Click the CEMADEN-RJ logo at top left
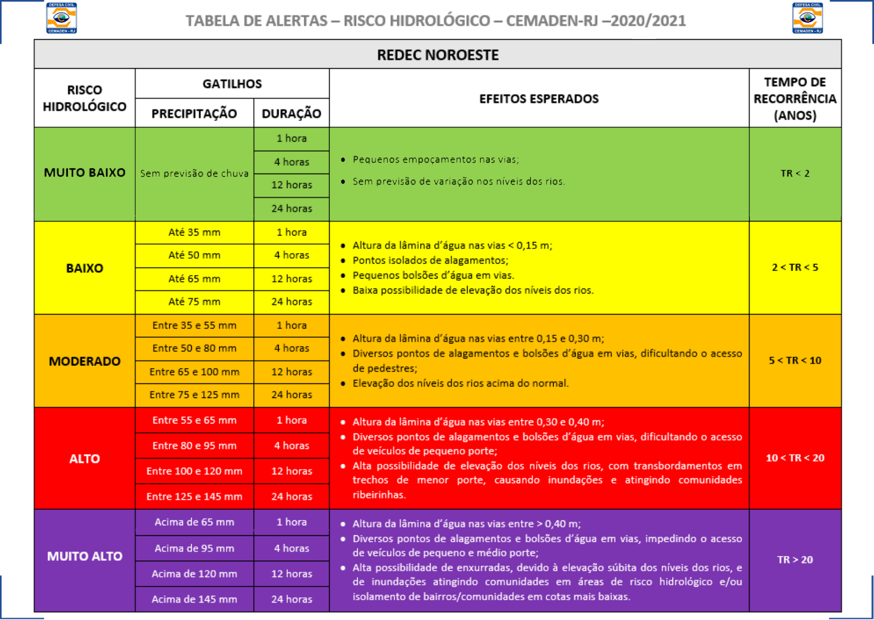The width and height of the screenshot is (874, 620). tap(62, 18)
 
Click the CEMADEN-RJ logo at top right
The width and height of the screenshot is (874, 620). tap(807, 18)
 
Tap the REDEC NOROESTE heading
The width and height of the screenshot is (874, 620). tap(437, 54)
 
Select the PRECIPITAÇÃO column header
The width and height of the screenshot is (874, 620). tap(194, 113)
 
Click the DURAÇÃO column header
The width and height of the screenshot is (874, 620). tap(291, 113)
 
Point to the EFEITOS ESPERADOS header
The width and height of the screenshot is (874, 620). tap(539, 98)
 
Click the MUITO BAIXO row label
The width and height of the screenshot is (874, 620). tap(85, 172)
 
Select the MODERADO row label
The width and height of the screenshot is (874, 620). tap(85, 361)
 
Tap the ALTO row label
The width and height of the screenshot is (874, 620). tap(85, 458)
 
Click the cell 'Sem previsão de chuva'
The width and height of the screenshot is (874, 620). tap(194, 173)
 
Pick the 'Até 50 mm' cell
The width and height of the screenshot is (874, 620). tap(194, 255)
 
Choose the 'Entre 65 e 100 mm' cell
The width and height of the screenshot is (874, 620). tap(194, 371)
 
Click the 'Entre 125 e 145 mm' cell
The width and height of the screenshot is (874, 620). tap(194, 496)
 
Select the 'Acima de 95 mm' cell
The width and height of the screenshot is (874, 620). tap(194, 548)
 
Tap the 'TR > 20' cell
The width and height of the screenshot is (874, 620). tap(794, 559)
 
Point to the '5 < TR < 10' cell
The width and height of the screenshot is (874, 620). tap(794, 360)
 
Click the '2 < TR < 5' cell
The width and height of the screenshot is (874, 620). tap(794, 267)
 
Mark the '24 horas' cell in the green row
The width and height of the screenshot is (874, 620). tap(291, 208)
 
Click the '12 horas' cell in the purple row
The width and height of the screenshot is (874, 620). tap(291, 573)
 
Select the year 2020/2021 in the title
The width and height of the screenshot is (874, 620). tap(648, 21)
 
